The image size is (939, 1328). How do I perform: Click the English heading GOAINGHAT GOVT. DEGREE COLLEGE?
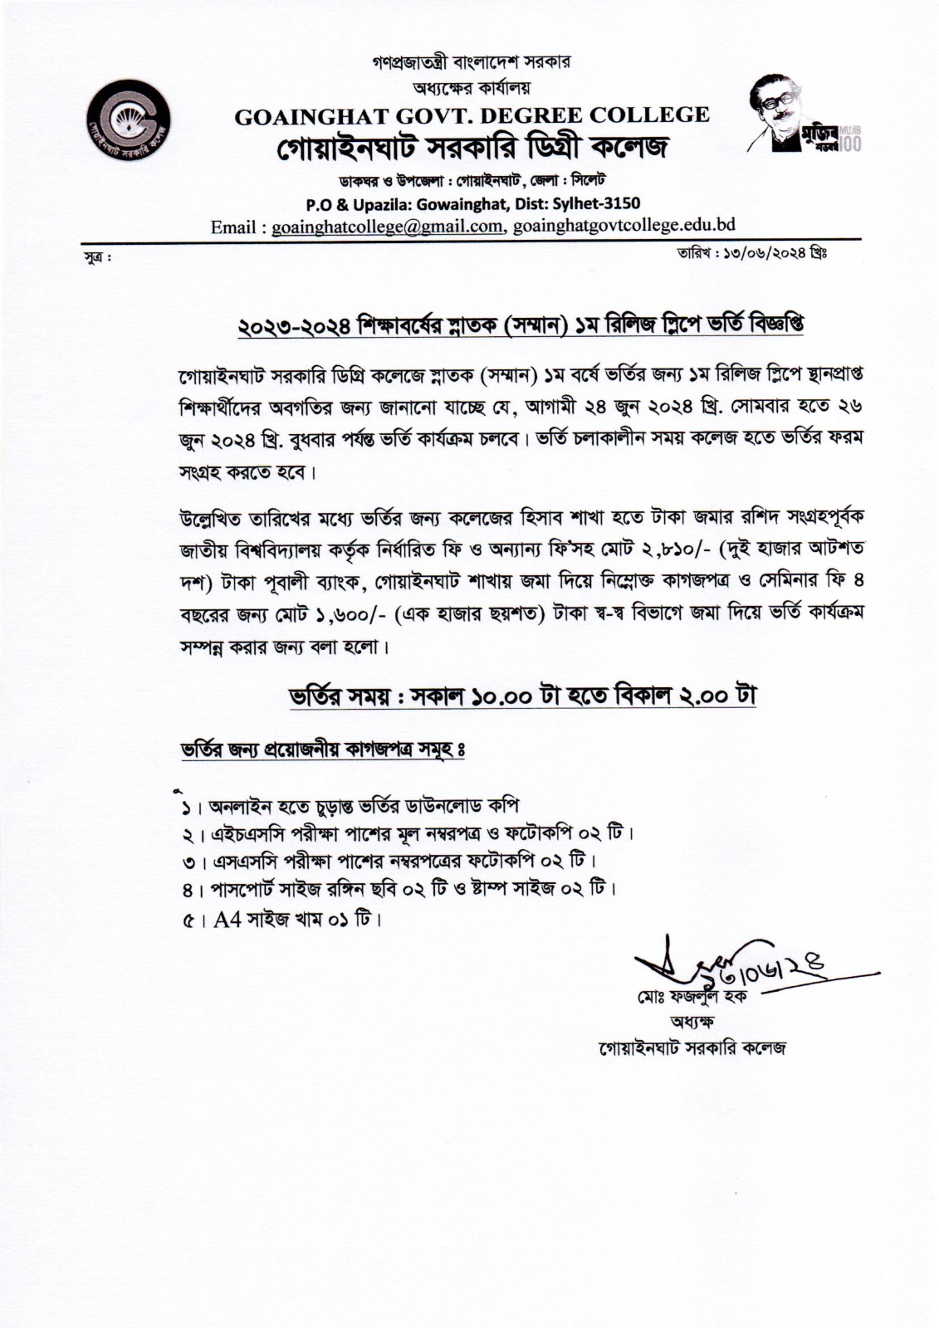tap(472, 115)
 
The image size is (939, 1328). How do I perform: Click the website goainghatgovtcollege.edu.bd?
tap(624, 226)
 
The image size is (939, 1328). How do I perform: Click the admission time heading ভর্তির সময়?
tap(521, 694)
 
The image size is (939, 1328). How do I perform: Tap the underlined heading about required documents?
tap(322, 749)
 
